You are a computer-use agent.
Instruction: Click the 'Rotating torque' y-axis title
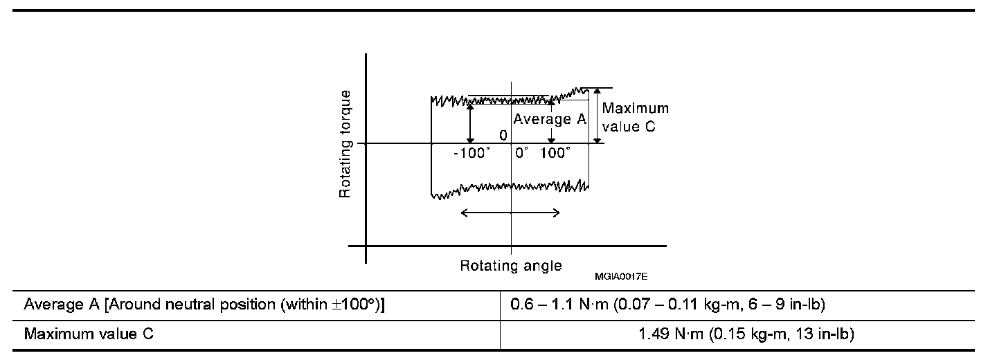tap(345, 143)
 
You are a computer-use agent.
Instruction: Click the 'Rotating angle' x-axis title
tap(511, 266)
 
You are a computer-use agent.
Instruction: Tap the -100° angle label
tap(471, 153)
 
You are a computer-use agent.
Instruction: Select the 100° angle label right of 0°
tap(555, 153)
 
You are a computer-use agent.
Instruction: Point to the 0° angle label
tap(521, 153)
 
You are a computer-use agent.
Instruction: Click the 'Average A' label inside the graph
tap(550, 119)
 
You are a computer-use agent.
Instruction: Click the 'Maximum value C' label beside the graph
tap(635, 118)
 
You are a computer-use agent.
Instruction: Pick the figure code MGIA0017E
tap(620, 276)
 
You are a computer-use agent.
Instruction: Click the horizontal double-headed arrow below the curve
tap(510, 213)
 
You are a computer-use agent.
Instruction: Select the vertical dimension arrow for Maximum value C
tap(597, 116)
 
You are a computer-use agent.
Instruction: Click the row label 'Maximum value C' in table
tap(89, 334)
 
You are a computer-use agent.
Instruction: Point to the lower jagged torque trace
tap(510, 189)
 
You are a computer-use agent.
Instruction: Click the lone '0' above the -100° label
tap(503, 135)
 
